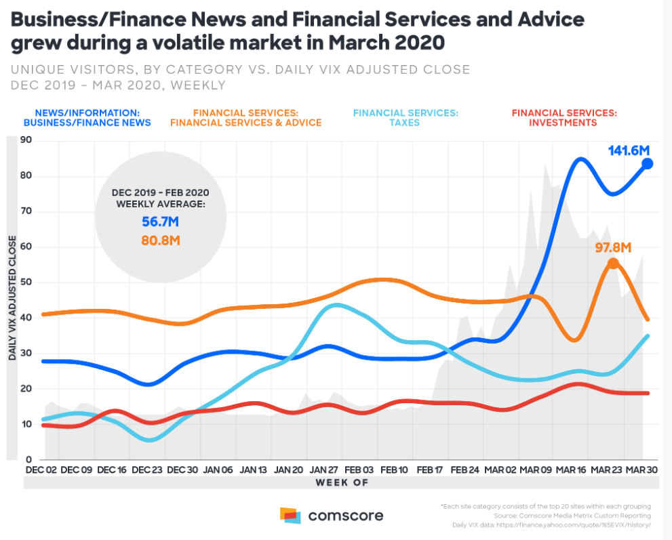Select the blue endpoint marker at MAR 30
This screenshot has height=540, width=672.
click(648, 163)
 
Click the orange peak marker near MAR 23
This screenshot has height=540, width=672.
click(613, 264)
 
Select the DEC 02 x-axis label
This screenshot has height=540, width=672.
click(41, 469)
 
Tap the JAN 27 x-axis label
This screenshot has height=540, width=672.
click(325, 469)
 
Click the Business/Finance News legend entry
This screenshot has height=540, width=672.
click(87, 117)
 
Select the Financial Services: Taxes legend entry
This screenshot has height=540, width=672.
click(406, 117)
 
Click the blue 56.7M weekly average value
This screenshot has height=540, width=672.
click(159, 222)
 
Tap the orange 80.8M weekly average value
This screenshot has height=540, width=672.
click(159, 239)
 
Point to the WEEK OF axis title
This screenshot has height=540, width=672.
click(342, 482)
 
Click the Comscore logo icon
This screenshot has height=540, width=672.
click(290, 516)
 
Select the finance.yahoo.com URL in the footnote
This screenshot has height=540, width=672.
click(573, 525)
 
